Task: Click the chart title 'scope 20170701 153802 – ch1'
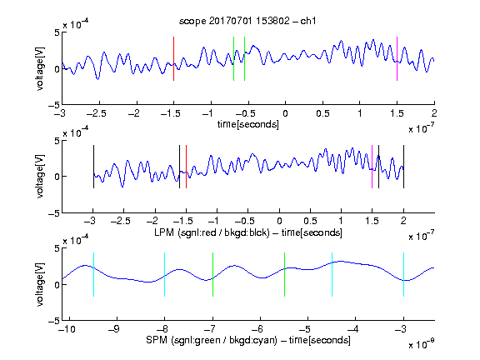coord(247,21)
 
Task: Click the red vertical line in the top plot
coord(173,59)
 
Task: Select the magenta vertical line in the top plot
coord(397,59)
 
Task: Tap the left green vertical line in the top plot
coord(233,59)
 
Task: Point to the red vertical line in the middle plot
coord(186,167)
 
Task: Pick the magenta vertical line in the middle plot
coord(372,167)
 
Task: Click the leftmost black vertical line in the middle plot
coord(93,167)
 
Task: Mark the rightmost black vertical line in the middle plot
coord(403,167)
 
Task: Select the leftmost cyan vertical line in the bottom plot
coord(93,275)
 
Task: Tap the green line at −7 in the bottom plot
coord(212,275)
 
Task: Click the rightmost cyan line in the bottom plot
coord(403,275)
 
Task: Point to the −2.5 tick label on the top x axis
coord(97,113)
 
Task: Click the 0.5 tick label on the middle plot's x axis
coord(310,221)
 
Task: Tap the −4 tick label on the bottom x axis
coord(352,329)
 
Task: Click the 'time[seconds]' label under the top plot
coord(248,124)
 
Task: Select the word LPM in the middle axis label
coord(164,232)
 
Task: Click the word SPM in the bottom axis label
coord(157,340)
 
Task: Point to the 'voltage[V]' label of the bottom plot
coord(40,284)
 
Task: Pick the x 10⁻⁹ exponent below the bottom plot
coord(422,344)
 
